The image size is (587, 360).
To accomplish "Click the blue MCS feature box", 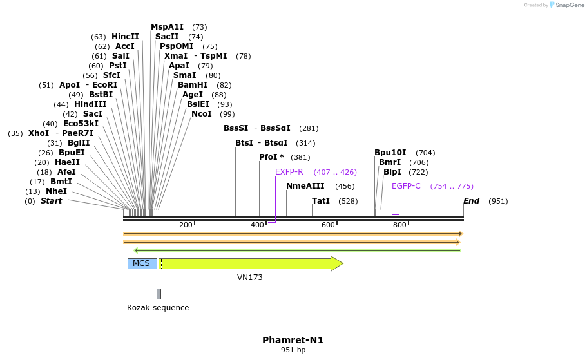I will tap(142, 263).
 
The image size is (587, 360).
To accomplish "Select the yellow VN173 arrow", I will tap(251, 263).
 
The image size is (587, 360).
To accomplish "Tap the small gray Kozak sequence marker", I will tap(159, 294).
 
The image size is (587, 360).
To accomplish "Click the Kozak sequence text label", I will tap(158, 308).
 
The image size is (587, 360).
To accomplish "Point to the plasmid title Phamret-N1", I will tap(293, 340).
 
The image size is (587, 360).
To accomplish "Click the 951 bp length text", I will tap(293, 350).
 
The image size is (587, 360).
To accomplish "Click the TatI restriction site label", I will tap(321, 201).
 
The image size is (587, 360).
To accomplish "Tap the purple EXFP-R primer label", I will tap(289, 172).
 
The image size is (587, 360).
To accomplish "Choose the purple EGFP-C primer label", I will tap(406, 186).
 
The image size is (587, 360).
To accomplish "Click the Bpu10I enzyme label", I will tap(392, 153).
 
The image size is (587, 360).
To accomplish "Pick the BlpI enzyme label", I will tap(392, 172).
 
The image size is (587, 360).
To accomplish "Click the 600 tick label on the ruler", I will tap(328, 225).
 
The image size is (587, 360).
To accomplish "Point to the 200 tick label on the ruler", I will tap(186, 225).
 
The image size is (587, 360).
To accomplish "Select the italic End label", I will tap(471, 201).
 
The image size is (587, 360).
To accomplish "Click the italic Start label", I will tap(51, 201).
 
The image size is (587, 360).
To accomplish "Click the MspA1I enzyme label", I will tap(167, 27).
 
